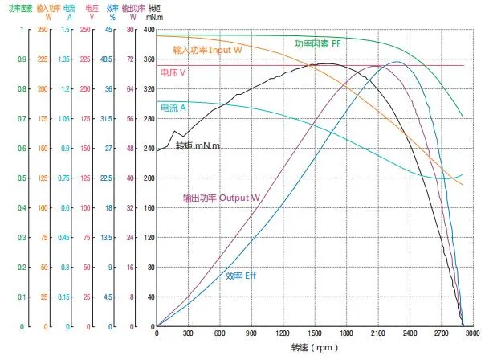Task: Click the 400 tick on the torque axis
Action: pos(148,30)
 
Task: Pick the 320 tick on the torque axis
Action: pos(148,89)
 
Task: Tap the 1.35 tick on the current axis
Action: pos(71,59)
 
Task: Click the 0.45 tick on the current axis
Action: pos(71,238)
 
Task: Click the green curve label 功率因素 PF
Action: pos(318,43)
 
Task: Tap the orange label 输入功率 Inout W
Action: pos(207,50)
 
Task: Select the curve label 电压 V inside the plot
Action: pos(173,72)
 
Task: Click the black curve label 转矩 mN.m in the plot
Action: pos(198,146)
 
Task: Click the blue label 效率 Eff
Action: pos(240,276)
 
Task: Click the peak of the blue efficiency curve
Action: pos(397,62)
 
